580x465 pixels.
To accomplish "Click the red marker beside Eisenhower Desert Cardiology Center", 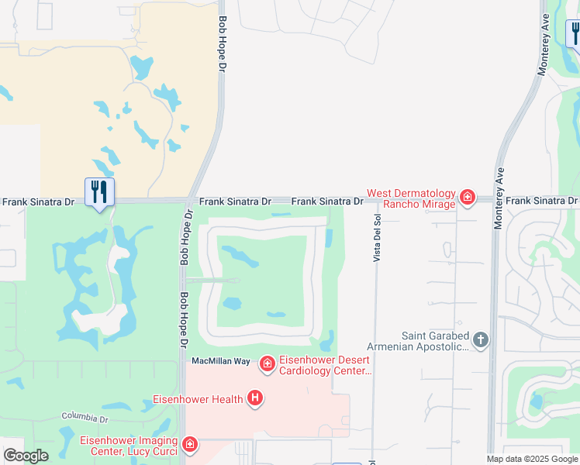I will [267, 363].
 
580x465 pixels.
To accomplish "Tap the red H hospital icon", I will [254, 399].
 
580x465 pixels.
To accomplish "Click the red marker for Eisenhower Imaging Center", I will [189, 445].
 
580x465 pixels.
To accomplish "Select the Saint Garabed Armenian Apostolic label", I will [435, 341].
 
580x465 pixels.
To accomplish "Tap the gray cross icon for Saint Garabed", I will [481, 339].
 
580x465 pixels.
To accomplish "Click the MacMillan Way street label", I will [221, 361].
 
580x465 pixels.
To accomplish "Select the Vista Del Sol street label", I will [377, 238].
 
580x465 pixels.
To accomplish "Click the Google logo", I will [26, 456].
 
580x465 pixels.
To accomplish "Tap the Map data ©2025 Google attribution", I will [532, 459].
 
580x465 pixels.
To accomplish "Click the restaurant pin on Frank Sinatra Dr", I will [99, 191].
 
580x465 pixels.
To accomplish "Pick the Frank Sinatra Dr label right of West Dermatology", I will [541, 201].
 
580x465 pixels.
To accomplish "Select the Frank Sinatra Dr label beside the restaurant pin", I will [38, 201].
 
